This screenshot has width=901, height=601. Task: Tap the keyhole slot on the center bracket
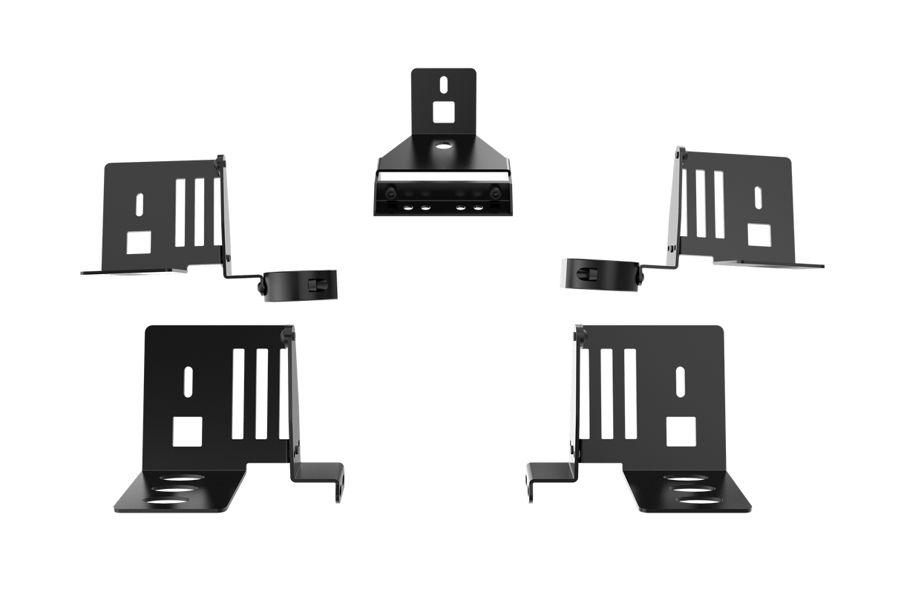[x=442, y=84]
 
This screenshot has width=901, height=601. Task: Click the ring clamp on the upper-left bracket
[x=301, y=285]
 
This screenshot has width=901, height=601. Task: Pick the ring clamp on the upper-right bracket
[x=599, y=273]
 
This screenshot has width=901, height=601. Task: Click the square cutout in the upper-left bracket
[x=138, y=241]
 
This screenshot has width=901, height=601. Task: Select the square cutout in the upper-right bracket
[x=759, y=233]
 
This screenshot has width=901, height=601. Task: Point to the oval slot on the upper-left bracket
[x=139, y=204]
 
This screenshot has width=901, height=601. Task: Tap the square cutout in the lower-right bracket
[x=681, y=431]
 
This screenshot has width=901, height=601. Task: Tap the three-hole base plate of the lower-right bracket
[x=690, y=490]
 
